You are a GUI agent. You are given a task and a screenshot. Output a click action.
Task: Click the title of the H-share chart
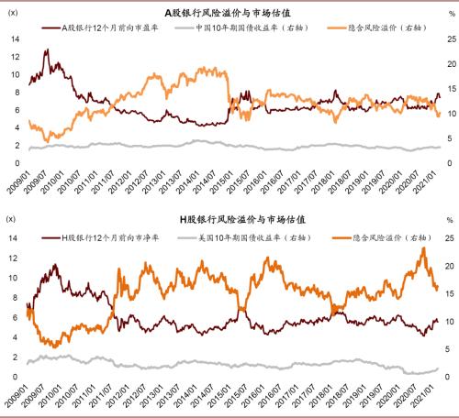(229, 221)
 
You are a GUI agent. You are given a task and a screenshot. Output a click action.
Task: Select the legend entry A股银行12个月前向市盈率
(115, 28)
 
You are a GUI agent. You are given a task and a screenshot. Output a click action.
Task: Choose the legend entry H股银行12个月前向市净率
(115, 236)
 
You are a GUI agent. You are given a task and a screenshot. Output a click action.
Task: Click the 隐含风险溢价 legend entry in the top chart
(380, 28)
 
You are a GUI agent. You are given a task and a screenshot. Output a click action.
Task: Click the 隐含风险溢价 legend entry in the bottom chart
(380, 236)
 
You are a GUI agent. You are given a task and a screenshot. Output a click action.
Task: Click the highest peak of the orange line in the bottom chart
(423, 247)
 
